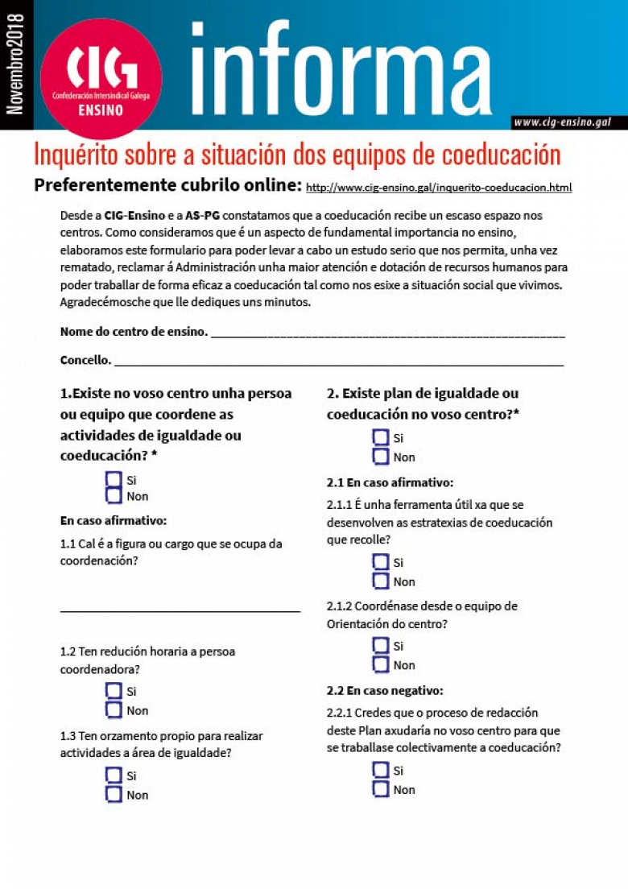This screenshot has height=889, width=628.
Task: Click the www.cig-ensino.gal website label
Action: (563, 122)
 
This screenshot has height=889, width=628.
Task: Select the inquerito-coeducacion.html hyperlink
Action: (439, 188)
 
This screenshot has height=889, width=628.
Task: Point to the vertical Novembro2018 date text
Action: (15, 64)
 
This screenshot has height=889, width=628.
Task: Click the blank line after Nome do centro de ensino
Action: (387, 333)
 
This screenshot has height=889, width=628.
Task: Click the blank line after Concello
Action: (338, 362)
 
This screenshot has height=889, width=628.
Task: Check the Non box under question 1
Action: (114, 496)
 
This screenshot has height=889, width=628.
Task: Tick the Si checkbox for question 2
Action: (381, 437)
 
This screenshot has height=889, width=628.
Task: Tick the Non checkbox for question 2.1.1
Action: (381, 581)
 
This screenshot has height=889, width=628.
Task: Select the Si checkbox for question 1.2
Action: (114, 691)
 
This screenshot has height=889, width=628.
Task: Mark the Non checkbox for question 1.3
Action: (114, 795)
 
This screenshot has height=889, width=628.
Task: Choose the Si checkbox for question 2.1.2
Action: (381, 645)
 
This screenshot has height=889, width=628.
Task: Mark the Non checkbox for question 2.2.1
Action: (381, 790)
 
